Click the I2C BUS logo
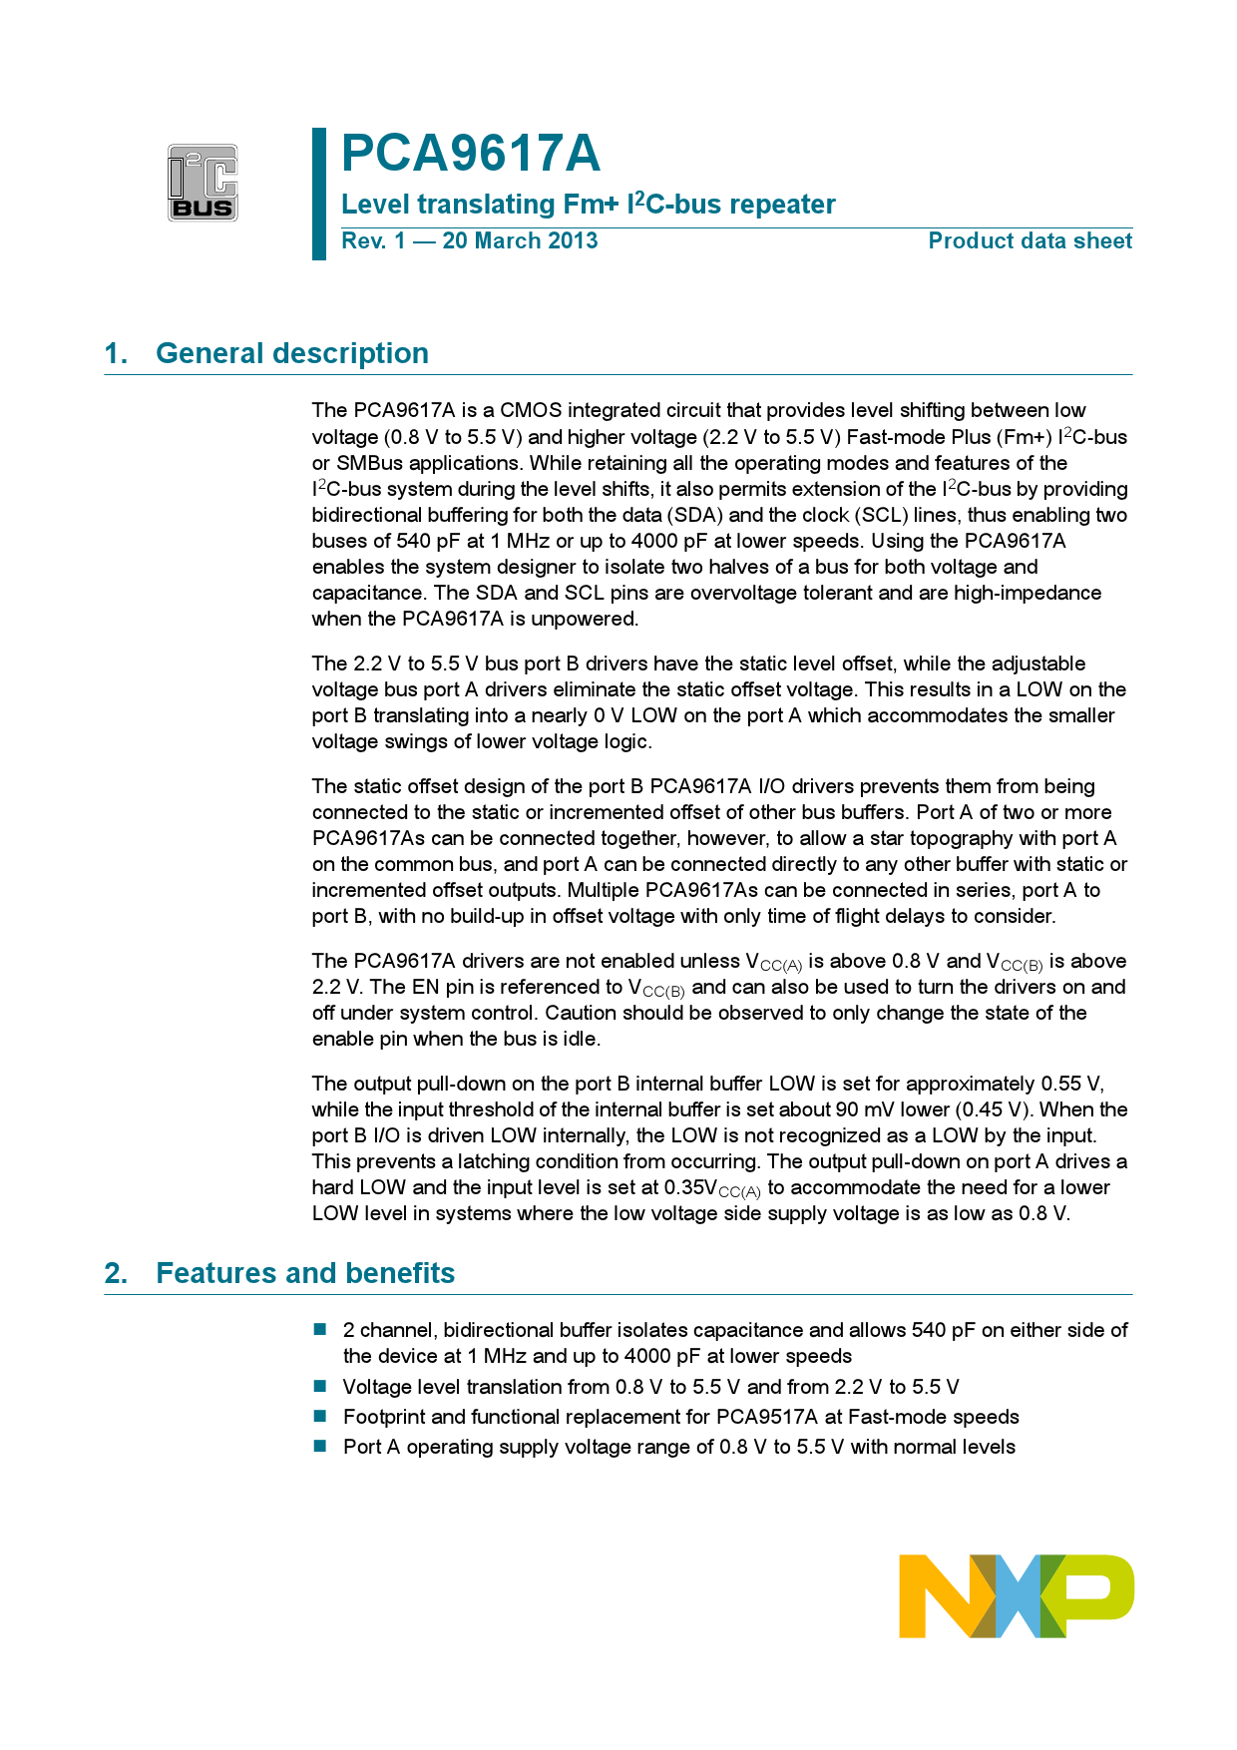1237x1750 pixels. (x=203, y=183)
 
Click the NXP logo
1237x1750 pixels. (x=1016, y=1594)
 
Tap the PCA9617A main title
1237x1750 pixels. (x=471, y=154)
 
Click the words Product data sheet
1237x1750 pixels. (x=1030, y=241)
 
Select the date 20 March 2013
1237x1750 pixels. (x=520, y=241)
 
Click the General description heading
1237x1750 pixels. (x=292, y=353)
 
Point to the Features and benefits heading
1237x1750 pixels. (x=305, y=1273)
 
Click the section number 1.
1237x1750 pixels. (x=116, y=353)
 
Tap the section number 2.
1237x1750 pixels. (x=116, y=1273)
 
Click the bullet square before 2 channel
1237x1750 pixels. (x=320, y=1329)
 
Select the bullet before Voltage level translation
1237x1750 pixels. (x=320, y=1386)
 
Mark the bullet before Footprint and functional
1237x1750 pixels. (x=320, y=1416)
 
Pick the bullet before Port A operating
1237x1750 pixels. (x=320, y=1446)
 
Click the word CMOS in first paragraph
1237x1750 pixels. (x=531, y=410)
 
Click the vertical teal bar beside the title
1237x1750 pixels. (x=319, y=194)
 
